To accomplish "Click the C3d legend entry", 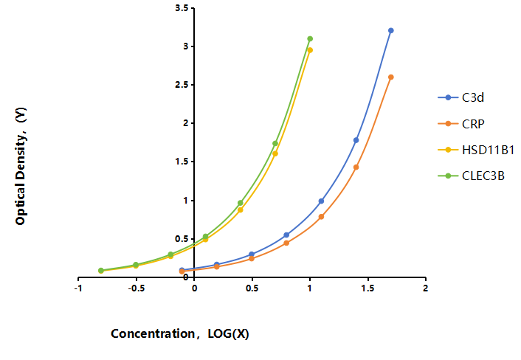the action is (461, 97).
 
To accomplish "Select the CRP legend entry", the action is (461, 124).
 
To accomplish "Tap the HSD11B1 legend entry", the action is (476, 150).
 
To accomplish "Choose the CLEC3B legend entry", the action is (471, 176).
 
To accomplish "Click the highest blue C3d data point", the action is (391, 30).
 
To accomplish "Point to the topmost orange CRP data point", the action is (391, 77).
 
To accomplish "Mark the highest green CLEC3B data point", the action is (310, 39).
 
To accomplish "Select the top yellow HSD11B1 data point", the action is (310, 50).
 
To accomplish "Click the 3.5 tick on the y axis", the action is (182, 8).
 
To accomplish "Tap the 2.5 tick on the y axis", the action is (182, 85).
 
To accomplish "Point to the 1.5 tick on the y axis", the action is (182, 162).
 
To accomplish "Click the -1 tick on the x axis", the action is (78, 288).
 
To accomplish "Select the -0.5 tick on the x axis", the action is (137, 288).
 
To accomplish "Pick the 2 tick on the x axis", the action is (425, 288).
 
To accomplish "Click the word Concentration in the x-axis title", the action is (153, 333).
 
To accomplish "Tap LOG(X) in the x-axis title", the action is (228, 333).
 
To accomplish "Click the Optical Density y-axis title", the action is (21, 166).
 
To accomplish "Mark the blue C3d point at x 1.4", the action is (356, 140).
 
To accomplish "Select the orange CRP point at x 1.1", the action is (321, 217).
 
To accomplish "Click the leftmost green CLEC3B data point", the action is (101, 270).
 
